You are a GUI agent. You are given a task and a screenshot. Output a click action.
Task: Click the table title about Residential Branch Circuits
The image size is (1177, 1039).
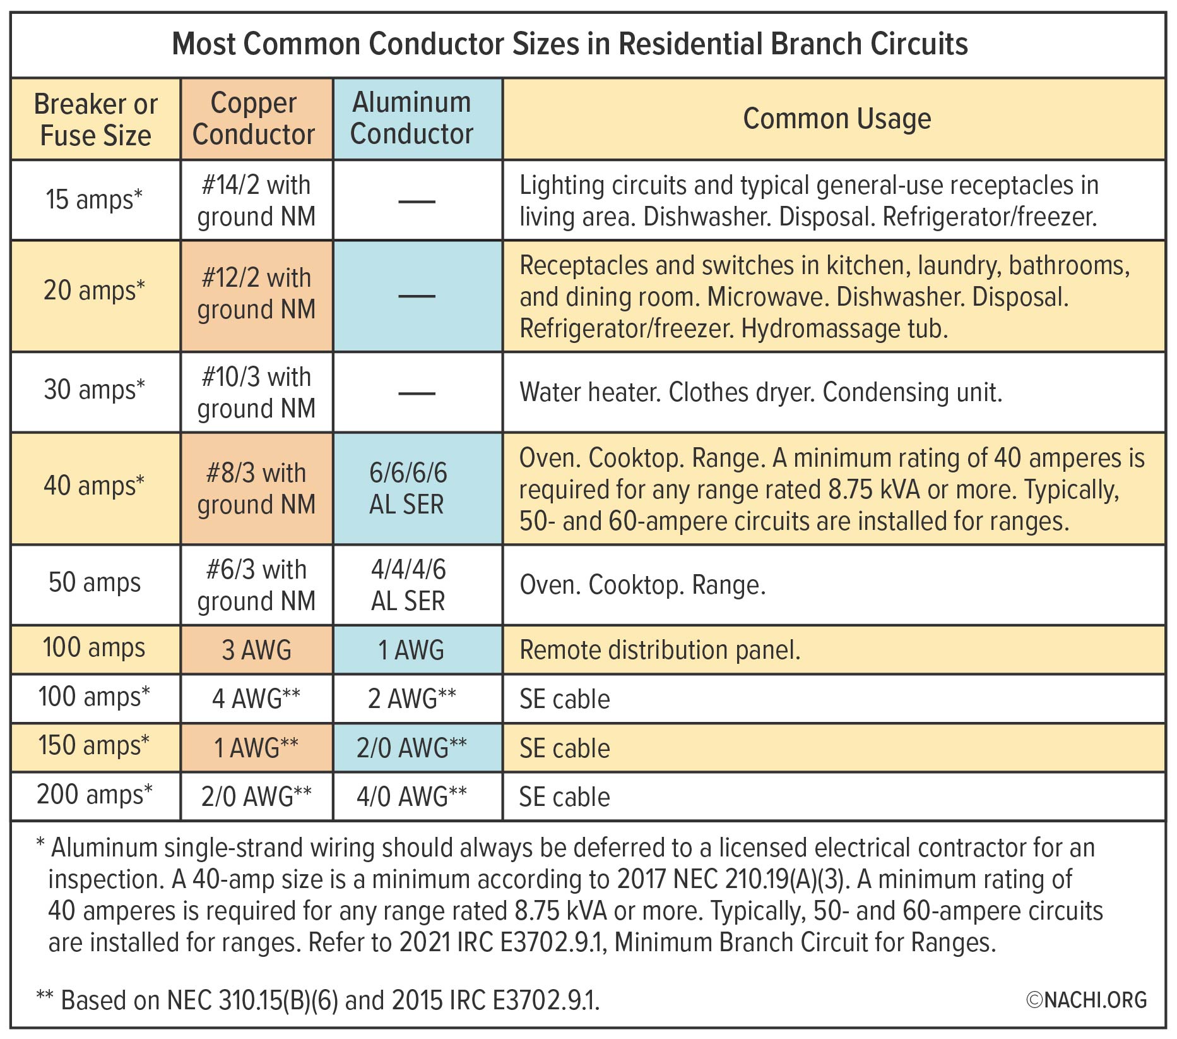click(570, 44)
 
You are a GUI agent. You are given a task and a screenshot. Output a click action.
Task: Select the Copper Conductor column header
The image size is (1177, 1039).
click(254, 119)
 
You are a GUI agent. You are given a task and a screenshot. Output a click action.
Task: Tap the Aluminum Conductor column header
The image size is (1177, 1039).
click(411, 118)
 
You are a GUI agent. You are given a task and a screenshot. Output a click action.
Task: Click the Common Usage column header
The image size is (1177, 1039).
click(837, 119)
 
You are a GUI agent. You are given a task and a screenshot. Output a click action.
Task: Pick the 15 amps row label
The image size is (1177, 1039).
click(94, 200)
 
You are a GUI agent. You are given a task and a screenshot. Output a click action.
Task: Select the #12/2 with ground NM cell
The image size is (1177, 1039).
click(256, 294)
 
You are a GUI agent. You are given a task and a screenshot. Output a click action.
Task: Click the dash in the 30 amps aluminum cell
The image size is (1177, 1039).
click(417, 393)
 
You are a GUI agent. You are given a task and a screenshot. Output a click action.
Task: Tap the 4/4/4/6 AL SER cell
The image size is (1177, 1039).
click(408, 585)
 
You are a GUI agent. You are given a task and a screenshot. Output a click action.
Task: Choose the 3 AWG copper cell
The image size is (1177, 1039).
click(256, 650)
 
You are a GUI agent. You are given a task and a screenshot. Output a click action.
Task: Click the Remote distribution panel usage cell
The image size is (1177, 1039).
click(659, 650)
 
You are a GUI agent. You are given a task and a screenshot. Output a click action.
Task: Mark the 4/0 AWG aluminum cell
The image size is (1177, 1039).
click(411, 796)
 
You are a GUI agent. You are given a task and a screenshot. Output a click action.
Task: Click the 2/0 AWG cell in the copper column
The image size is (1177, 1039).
click(256, 796)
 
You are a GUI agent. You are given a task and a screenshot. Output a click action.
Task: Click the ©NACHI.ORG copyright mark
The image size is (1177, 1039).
click(1085, 1000)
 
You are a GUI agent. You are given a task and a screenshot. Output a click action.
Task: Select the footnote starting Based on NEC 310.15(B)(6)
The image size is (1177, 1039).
click(319, 1000)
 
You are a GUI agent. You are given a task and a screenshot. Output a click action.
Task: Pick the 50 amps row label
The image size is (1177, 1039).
click(95, 582)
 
